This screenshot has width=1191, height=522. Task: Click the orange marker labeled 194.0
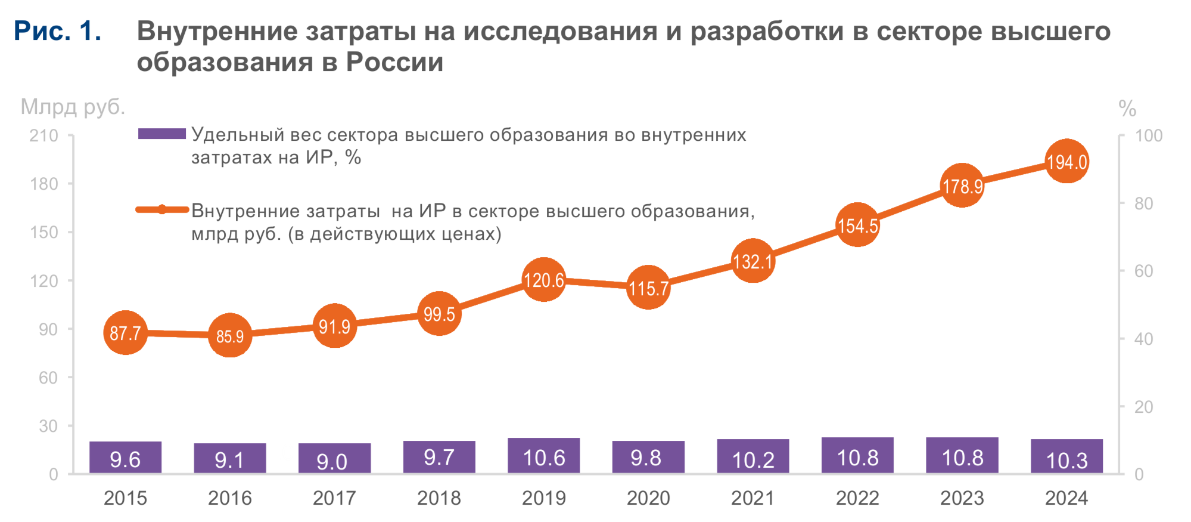click(x=1067, y=161)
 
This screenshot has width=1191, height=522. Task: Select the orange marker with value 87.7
click(x=125, y=333)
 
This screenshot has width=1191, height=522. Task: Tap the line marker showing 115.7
click(x=648, y=288)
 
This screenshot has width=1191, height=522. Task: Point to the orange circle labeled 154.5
click(x=857, y=225)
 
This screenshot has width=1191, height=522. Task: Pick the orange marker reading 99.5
click(x=439, y=314)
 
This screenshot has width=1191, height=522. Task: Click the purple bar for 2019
click(x=543, y=456)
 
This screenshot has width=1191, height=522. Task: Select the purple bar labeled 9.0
click(x=334, y=459)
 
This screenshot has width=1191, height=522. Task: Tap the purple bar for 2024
click(x=1066, y=457)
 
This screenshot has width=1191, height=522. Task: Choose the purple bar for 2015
click(x=125, y=458)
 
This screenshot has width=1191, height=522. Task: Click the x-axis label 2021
click(x=752, y=498)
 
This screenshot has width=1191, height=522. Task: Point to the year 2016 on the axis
click(x=229, y=498)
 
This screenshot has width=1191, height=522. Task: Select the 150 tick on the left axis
click(x=44, y=232)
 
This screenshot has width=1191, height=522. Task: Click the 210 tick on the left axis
click(x=44, y=135)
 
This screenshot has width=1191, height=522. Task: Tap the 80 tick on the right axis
click(x=1143, y=203)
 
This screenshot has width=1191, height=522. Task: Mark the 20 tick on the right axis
click(x=1143, y=407)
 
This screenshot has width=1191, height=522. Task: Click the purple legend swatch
click(x=161, y=134)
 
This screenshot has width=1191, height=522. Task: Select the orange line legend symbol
click(x=161, y=209)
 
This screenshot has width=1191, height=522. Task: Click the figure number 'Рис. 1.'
click(x=57, y=31)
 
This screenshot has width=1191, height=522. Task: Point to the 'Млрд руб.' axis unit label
click(x=73, y=107)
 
